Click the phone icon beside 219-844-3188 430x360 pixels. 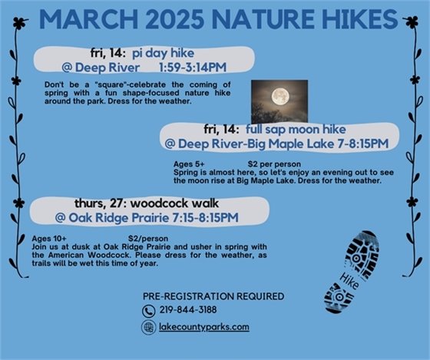click(148, 311)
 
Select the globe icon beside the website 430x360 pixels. click(148, 327)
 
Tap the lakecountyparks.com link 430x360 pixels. click(205, 327)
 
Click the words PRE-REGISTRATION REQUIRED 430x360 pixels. click(213, 296)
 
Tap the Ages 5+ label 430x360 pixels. click(190, 163)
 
